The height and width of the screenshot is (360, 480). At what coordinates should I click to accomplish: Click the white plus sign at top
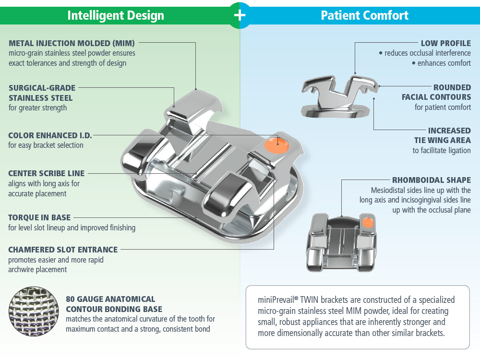[240, 15]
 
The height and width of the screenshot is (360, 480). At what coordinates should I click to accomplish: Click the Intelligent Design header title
[116, 15]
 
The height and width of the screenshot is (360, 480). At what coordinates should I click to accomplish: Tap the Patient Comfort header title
[364, 15]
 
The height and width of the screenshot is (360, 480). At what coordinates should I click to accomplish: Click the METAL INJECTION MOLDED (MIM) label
[72, 43]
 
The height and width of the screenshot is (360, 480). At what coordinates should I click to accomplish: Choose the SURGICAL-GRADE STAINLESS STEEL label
[42, 93]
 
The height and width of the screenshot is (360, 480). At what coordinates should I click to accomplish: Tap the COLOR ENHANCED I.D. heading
[50, 135]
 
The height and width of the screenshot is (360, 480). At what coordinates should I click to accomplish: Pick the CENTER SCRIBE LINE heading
[46, 173]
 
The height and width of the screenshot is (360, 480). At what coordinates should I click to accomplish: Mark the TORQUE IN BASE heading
[39, 217]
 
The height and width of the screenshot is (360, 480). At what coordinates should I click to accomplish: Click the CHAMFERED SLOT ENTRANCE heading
[63, 250]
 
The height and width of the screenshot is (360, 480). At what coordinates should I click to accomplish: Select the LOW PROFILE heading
[446, 43]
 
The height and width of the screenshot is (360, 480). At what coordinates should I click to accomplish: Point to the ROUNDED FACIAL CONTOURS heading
[436, 92]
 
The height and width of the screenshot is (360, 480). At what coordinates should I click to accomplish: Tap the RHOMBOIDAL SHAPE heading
[432, 180]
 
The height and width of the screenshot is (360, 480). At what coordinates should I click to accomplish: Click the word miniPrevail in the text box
[277, 300]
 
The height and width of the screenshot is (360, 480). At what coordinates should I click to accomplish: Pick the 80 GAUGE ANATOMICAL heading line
[110, 299]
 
